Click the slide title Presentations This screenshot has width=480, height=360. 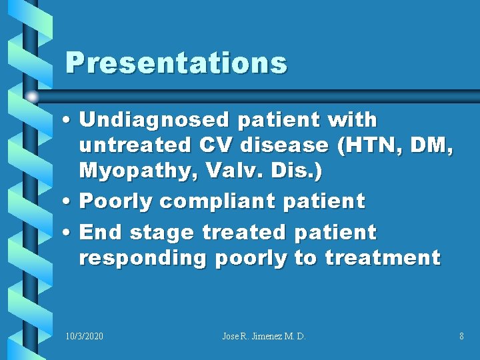[176, 63]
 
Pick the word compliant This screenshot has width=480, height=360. [237, 201]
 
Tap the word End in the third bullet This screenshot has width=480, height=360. [101, 233]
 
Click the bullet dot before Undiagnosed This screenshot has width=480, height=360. [70, 121]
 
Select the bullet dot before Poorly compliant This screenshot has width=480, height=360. [70, 201]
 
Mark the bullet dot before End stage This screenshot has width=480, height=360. [70, 233]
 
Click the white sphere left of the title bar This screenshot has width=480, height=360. [32, 97]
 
